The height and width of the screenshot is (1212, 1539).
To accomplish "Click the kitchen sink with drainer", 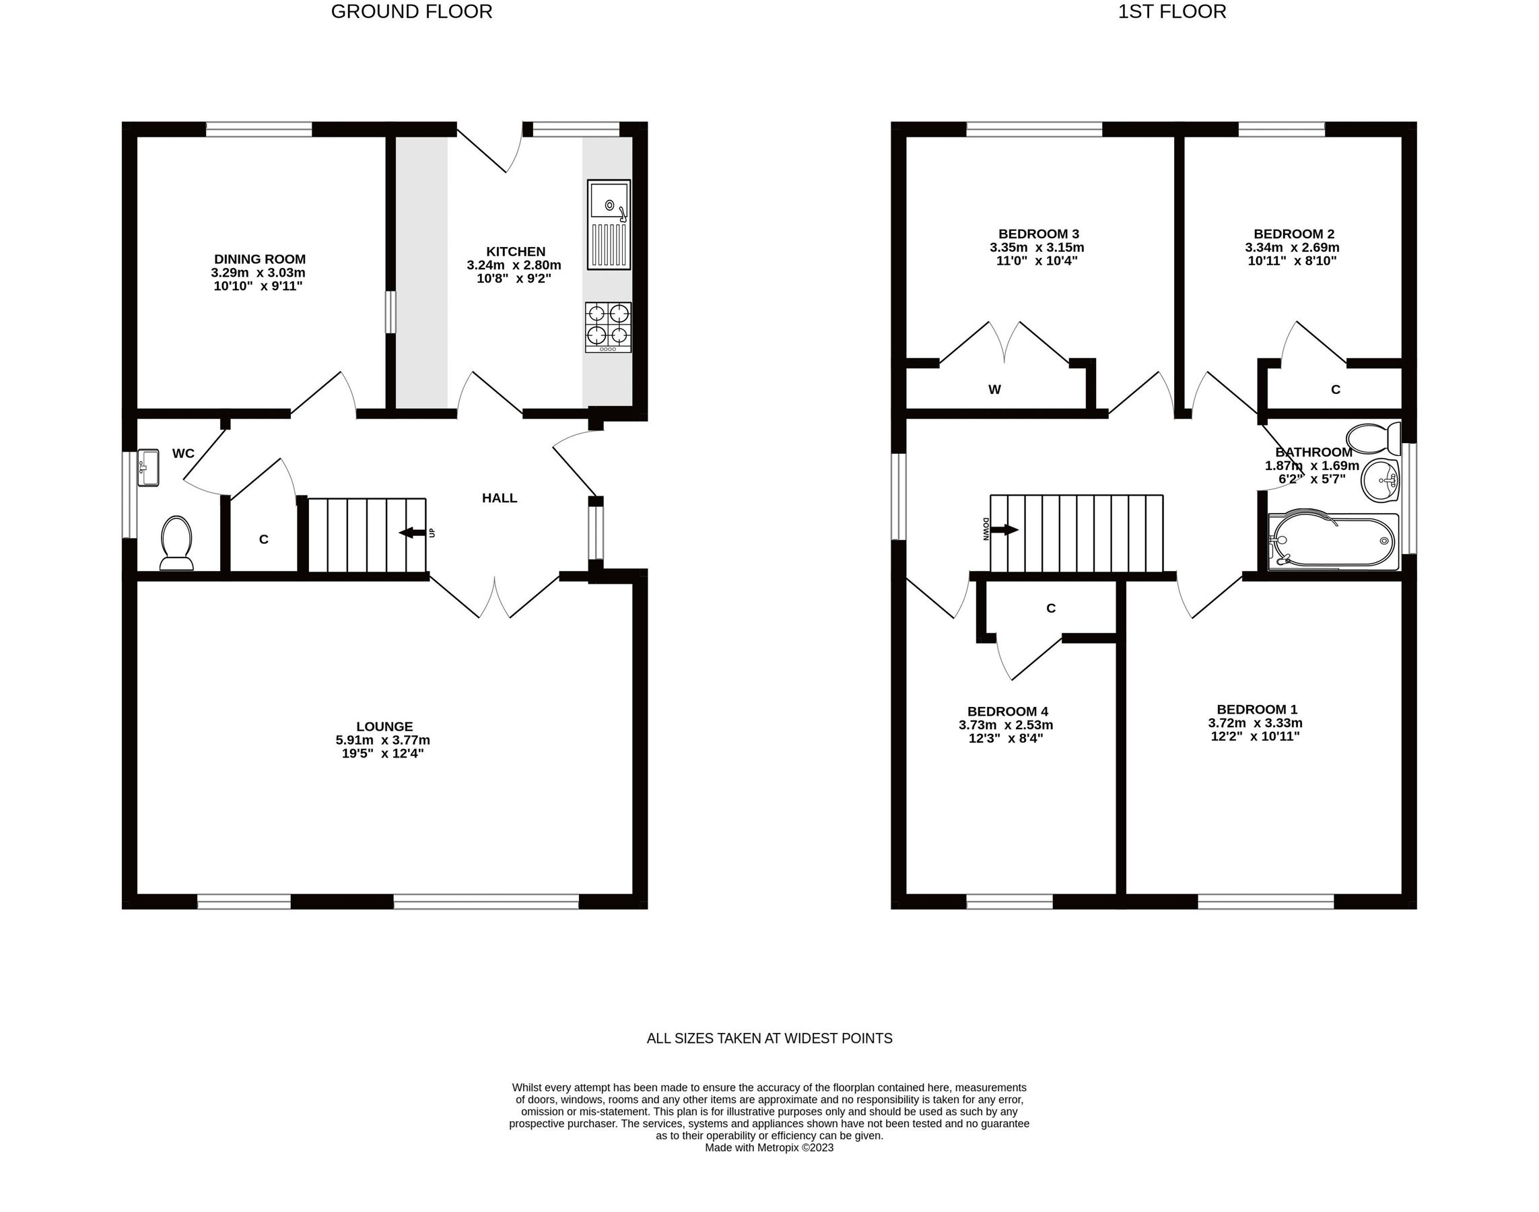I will (608, 224).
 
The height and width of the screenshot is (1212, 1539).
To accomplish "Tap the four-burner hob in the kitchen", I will (608, 327).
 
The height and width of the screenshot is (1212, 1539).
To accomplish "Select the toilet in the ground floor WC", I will (176, 543).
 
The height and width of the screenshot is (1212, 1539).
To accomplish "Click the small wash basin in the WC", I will (147, 467).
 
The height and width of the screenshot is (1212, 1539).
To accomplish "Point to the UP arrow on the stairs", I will (412, 532).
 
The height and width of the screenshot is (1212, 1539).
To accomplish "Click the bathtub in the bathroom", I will (1332, 541).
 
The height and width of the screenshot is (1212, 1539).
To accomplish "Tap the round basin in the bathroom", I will (1380, 480).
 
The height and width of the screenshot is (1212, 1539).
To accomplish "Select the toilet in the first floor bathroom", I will (1373, 438).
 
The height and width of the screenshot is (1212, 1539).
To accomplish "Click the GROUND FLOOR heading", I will (411, 12).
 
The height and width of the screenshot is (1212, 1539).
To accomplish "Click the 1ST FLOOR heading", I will (1171, 12).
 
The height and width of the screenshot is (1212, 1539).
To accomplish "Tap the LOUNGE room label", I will (384, 726).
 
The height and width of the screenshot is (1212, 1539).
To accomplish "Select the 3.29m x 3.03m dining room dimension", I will (259, 273).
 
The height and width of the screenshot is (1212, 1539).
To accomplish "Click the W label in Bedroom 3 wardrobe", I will (994, 389).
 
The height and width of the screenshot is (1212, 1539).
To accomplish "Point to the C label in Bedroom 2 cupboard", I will (1336, 389).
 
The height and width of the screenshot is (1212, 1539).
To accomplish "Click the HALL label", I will (500, 498).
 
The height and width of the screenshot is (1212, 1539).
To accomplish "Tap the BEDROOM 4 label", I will (1007, 711).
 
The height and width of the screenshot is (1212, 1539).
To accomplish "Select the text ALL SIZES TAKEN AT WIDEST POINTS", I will (769, 1038).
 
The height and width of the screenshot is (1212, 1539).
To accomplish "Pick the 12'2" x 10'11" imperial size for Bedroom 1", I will (1254, 736).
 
